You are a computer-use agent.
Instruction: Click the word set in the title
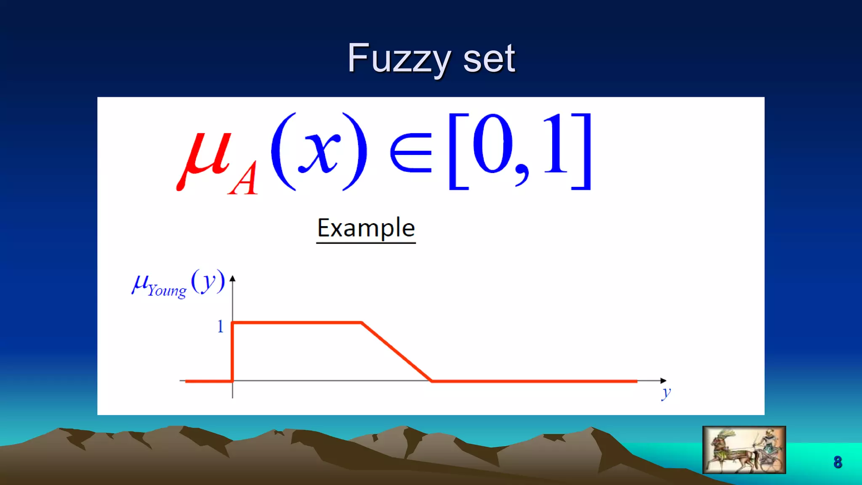point(489,59)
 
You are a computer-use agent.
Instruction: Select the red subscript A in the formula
point(243,179)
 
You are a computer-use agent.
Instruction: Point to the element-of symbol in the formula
point(411,152)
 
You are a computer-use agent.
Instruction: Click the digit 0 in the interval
point(492,145)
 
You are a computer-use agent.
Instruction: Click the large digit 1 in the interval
point(556,145)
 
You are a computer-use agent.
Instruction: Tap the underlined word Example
point(366,229)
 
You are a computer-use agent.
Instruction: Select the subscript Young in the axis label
point(167,290)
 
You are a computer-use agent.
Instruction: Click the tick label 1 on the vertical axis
point(220,326)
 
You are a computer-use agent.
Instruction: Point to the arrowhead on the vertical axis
point(232,279)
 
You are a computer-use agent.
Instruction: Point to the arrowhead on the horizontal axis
point(663,381)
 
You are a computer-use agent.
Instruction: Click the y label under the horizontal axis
point(666,393)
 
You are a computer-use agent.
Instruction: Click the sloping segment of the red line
point(396,352)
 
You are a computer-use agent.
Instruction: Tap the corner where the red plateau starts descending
point(362,323)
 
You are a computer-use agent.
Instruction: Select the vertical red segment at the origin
point(232,352)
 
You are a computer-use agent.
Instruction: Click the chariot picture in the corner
point(744,450)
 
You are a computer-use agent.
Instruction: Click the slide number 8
point(838,462)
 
